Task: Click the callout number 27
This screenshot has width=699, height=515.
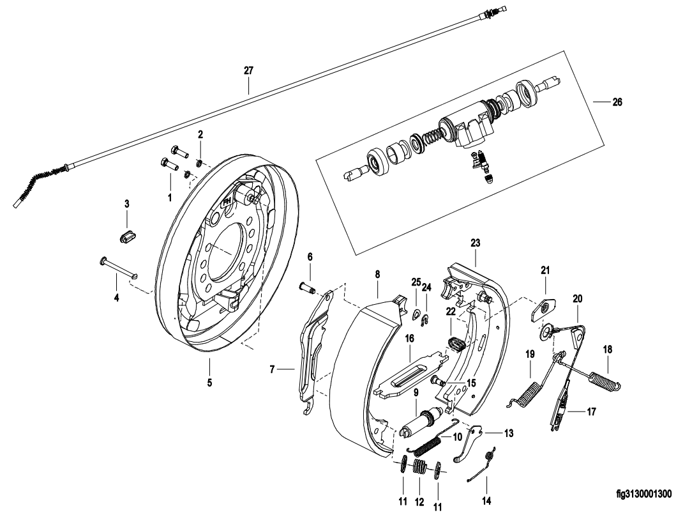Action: coord(248,71)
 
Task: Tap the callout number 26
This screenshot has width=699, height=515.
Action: coord(617,102)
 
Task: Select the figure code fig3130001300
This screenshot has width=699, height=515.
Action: coord(643,493)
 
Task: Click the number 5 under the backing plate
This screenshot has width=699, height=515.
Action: coord(209,383)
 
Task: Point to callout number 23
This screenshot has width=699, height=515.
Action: coord(475,243)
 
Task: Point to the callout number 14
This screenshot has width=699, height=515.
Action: coord(487,502)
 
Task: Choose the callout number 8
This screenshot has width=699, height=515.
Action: coord(377,274)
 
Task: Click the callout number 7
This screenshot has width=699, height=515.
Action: coord(272,369)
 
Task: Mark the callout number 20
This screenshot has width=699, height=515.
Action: coord(577,298)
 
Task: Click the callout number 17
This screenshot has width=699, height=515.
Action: coord(591,412)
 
